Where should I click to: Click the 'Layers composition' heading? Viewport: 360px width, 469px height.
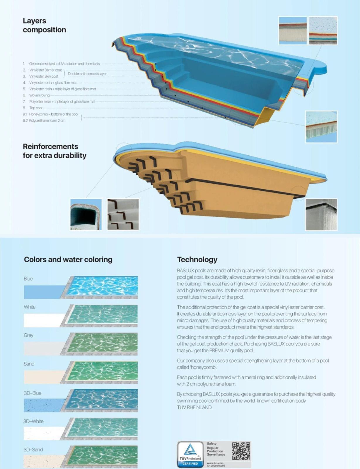coord(45,25)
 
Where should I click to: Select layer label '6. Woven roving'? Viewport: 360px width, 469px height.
coord(36,95)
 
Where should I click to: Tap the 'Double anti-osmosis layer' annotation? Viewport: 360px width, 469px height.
coord(87,74)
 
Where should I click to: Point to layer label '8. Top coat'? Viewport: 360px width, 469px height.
coord(33,108)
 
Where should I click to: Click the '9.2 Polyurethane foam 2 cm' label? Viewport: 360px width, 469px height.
coord(44,120)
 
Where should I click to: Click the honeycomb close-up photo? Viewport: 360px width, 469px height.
coord(321,127)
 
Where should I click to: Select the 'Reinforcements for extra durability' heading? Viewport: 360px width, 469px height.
coord(54,151)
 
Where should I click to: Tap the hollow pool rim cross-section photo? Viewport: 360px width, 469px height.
coord(86,214)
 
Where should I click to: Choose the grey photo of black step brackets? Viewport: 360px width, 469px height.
coord(123,214)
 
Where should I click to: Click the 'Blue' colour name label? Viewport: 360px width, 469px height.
coord(28,279)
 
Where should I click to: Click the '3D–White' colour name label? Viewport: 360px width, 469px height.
coord(33,421)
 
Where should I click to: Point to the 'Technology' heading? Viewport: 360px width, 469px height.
coord(197,259)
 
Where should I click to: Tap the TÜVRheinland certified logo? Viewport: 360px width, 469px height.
coord(190,454)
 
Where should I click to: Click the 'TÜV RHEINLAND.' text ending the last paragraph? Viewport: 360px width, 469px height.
coord(194,407)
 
